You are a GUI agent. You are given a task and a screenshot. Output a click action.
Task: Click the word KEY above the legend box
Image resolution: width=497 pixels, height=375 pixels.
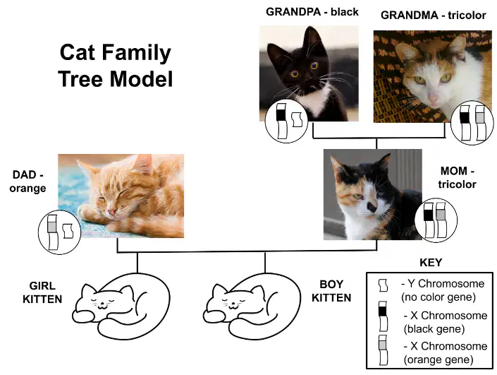pos(431,263)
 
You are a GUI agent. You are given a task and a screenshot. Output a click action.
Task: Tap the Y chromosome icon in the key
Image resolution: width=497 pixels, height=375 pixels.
pos(383,285)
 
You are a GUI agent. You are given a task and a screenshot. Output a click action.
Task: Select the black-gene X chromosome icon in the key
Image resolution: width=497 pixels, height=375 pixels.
pos(383,316)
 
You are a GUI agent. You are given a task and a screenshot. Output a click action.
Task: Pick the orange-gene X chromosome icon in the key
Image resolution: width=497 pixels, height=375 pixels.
pos(383,350)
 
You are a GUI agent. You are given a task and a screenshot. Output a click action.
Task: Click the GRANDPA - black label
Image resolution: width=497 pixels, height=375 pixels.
pos(312,12)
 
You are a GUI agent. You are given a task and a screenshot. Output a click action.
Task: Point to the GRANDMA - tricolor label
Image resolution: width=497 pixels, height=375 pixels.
pos(434,16)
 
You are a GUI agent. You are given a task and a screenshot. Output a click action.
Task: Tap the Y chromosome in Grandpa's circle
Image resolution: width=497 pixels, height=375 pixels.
pos(297,119)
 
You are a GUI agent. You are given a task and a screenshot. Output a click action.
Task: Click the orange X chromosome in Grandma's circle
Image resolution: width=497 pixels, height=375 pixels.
pos(481,123)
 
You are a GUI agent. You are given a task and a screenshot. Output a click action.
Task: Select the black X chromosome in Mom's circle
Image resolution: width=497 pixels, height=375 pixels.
pos(428,220)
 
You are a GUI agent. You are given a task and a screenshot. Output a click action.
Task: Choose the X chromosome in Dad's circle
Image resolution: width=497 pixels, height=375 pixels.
pos(53,232)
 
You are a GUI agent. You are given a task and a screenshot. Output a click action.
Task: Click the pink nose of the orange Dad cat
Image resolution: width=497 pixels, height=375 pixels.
pos(111,212)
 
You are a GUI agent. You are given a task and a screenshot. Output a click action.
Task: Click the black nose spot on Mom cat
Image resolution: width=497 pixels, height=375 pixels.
pos(372,208)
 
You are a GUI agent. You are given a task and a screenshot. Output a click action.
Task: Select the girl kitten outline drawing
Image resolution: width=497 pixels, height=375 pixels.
pos(121,306)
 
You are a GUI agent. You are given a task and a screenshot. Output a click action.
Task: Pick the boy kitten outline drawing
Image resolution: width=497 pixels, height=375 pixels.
pos(252,306)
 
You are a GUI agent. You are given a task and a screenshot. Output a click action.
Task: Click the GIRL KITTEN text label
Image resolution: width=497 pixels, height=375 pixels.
pos(42,292)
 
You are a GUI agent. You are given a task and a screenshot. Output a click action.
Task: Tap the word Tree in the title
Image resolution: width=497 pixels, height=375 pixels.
pos(80,79)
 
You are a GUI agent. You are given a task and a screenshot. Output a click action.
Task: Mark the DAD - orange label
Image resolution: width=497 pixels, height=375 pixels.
pos(27,181)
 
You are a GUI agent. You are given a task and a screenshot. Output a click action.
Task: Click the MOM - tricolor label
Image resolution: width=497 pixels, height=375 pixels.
pos(457,177)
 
